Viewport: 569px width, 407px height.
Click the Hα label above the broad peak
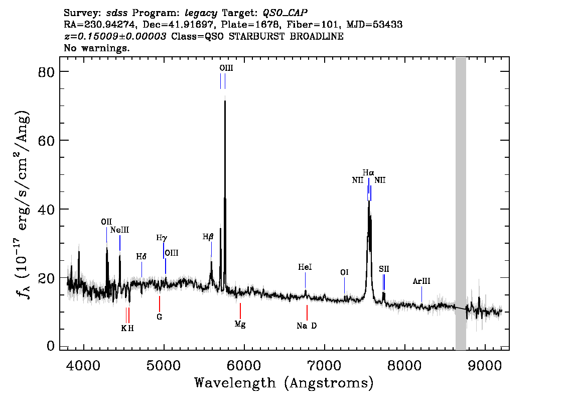tap(368, 172)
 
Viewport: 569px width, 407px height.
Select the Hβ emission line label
tap(208, 236)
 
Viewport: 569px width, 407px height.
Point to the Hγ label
tap(161, 237)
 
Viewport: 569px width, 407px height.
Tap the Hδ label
tap(141, 256)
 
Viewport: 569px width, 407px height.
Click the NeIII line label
tap(120, 230)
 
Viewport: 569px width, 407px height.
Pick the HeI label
tap(305, 267)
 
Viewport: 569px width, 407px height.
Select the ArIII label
tap(421, 281)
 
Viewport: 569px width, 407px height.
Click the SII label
tap(384, 269)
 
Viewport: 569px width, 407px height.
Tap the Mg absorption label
tap(240, 324)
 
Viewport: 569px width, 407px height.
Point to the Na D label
tap(307, 326)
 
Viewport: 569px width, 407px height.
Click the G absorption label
tap(160, 317)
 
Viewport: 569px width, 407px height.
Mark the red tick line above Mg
tap(240, 311)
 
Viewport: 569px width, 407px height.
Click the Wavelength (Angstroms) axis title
tap(284, 383)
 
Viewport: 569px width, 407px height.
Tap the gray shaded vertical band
tap(461, 201)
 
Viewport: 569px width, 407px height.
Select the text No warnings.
tap(97, 48)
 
